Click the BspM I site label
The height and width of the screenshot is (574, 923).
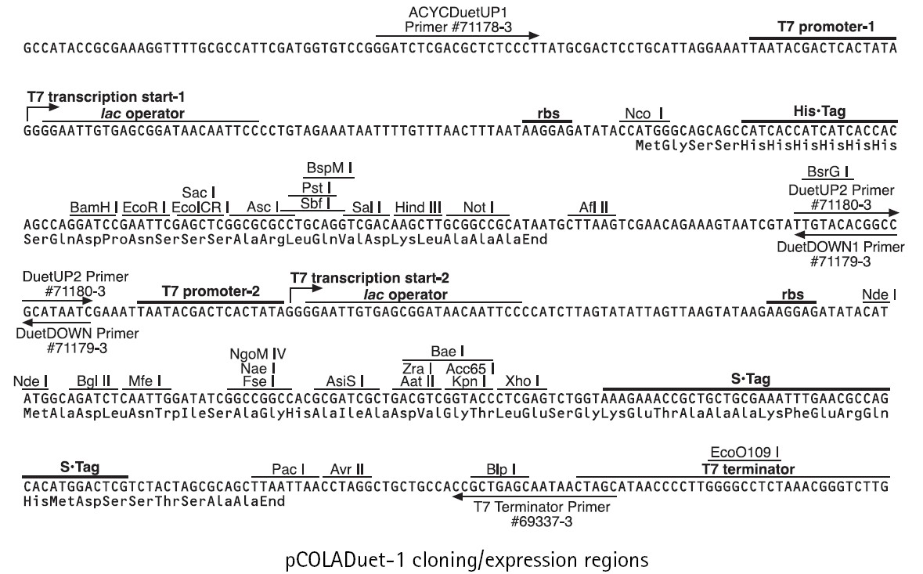click(328, 168)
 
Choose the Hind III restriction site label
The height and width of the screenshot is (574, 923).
click(417, 207)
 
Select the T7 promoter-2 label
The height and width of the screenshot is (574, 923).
click(211, 291)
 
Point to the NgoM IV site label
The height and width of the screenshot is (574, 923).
click(252, 352)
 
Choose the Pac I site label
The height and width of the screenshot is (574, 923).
click(288, 469)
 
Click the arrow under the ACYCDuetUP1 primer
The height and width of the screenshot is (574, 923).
click(457, 35)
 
